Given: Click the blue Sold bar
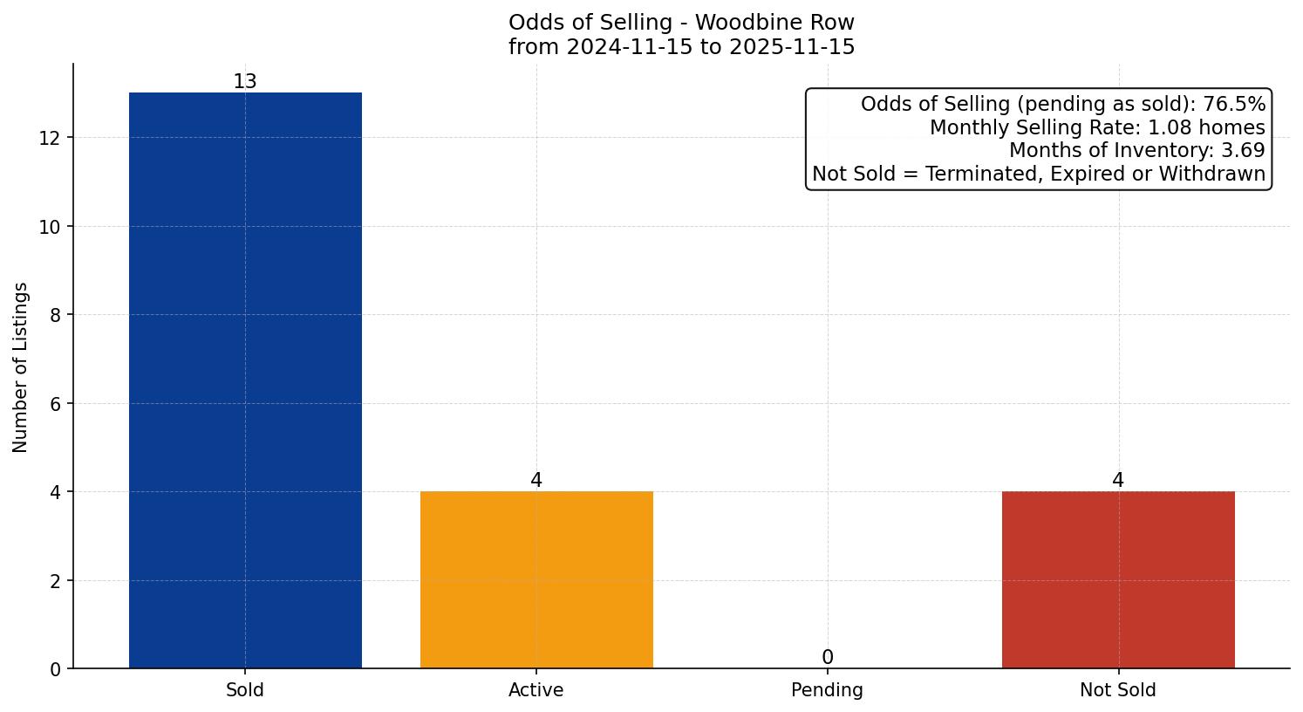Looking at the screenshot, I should tap(245, 380).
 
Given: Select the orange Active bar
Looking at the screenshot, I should tap(536, 579).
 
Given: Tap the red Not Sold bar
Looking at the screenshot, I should tap(1118, 579).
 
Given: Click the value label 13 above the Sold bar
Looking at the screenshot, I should tap(245, 82).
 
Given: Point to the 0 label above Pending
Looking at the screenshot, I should tap(827, 658).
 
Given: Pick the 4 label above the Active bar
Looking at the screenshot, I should tap(536, 481).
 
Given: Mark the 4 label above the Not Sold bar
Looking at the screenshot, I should tap(1118, 481).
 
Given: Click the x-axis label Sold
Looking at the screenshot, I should tap(245, 690).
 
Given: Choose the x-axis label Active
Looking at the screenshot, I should tap(536, 690).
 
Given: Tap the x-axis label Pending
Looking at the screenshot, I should tap(827, 690).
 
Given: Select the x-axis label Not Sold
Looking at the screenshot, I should tap(1118, 690).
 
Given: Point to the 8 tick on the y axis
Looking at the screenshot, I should tap(55, 315).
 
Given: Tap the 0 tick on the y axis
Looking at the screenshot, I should tap(55, 669).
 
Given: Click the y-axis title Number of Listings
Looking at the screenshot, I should tap(21, 366).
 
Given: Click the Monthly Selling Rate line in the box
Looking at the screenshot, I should tap(1097, 127).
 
